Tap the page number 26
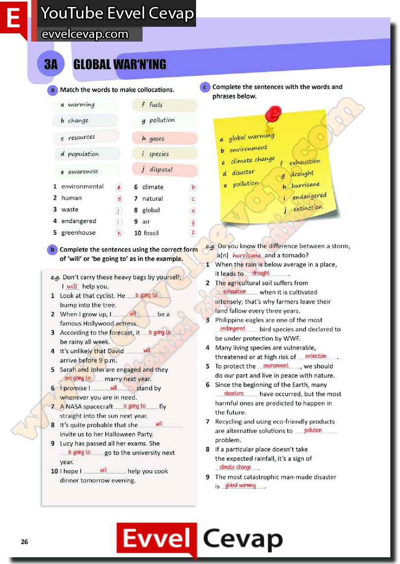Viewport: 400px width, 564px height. [25, 541]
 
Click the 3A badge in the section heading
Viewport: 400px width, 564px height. [51, 65]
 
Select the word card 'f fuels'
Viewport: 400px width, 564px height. [164, 105]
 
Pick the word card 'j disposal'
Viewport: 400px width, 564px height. [164, 170]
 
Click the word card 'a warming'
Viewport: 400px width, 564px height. [85, 105]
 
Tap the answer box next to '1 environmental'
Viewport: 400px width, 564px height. [119, 187]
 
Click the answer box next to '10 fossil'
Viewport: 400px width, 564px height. [193, 234]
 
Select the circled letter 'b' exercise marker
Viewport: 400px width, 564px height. [52, 249]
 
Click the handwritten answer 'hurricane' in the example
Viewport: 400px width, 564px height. [247, 256]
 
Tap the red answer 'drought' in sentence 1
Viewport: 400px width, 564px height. [261, 274]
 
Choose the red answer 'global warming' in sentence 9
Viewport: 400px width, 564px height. [241, 486]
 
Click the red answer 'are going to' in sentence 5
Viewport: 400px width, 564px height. [77, 378]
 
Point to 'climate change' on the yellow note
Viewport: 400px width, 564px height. [252, 160]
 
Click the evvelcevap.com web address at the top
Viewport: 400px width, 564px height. [85, 34]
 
